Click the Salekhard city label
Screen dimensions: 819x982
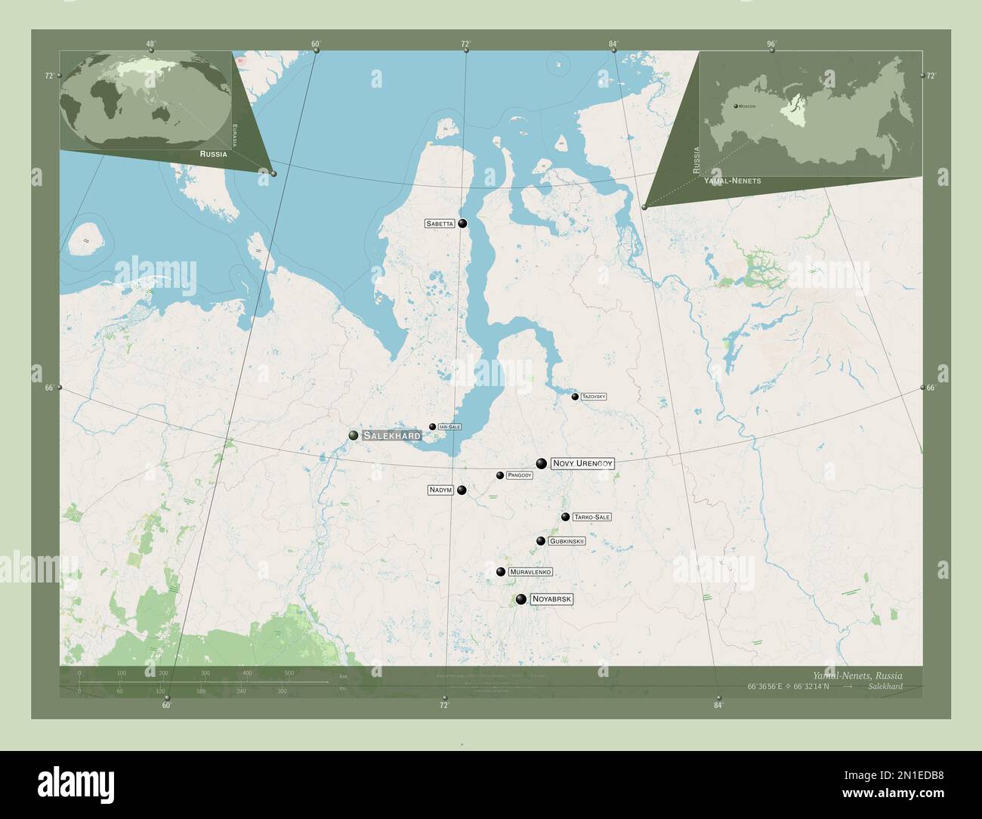[391, 435]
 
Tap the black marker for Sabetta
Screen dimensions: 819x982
[462, 224]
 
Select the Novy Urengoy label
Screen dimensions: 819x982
[582, 463]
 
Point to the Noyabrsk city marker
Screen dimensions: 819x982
[521, 599]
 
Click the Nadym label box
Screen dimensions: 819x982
[440, 490]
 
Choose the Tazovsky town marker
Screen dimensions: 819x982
[575, 397]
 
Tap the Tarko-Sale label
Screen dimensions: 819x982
[591, 518]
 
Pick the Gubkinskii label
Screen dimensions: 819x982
[567, 541]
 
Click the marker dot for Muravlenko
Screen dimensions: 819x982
[500, 572]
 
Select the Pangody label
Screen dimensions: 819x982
[520, 475]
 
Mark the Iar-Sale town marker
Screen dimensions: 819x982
[432, 427]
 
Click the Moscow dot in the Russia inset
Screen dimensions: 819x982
[735, 106]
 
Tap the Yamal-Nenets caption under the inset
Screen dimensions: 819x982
[732, 181]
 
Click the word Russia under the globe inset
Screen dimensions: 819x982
[213, 153]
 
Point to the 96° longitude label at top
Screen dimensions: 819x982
[771, 44]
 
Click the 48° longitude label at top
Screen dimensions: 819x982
[151, 44]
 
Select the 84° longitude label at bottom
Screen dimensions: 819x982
[718, 706]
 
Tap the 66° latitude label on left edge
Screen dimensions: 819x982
[49, 388]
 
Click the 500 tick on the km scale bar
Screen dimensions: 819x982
[289, 672]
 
